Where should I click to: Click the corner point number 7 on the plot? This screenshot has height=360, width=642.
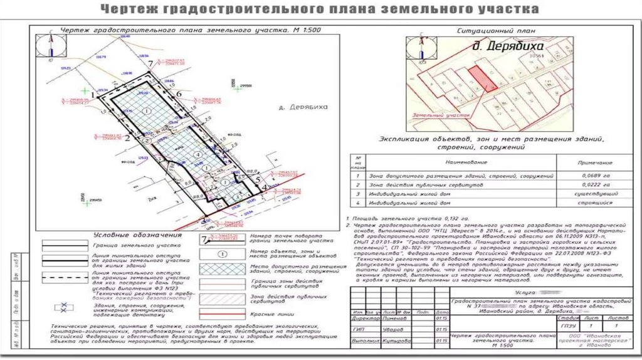(151, 64)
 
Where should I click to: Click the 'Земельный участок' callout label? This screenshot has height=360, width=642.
(450, 116)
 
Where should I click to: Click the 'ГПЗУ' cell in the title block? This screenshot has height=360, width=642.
(566, 327)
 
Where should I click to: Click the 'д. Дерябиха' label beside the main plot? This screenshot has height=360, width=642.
(303, 107)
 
